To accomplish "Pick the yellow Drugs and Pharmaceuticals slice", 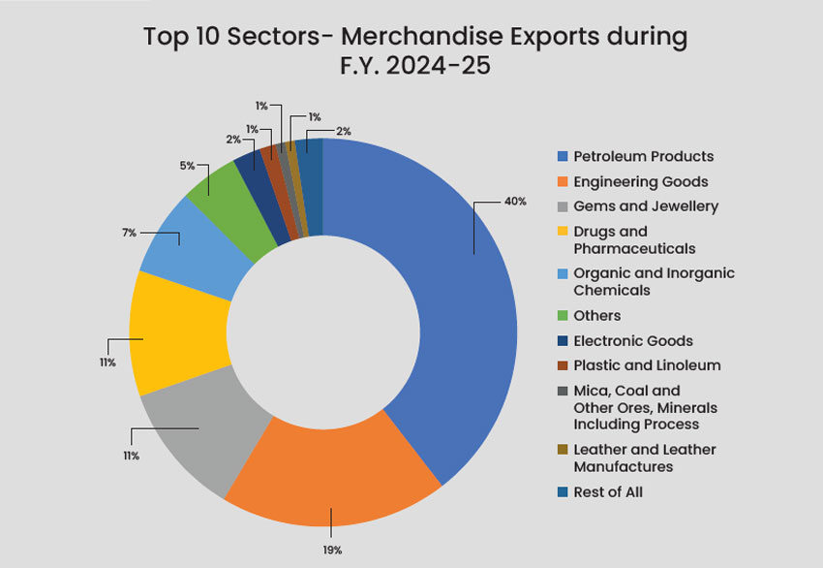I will [174, 330].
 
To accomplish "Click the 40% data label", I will [515, 202].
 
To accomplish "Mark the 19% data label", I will [333, 550].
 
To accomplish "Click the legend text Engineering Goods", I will [640, 181].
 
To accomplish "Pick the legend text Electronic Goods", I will [633, 341].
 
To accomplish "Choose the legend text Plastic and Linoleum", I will [647, 365].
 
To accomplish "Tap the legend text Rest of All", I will [607, 491].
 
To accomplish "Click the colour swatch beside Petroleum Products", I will [562, 156].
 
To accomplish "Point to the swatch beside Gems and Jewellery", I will [562, 206].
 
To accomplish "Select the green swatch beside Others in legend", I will [562, 316].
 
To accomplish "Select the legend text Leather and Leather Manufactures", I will [645, 458].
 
